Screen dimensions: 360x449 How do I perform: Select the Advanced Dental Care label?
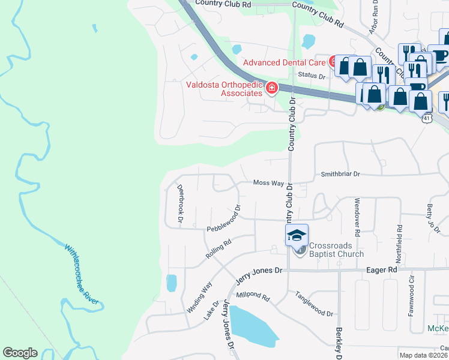pyautogui.click(x=284, y=62)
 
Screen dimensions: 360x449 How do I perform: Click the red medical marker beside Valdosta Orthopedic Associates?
pyautogui.click(x=272, y=89)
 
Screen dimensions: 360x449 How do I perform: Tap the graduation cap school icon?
pyautogui.click(x=297, y=235)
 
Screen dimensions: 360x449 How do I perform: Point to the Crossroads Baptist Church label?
pyautogui.click(x=336, y=250)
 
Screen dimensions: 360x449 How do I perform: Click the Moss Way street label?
pyautogui.click(x=268, y=182)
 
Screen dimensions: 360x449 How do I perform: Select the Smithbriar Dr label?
pyautogui.click(x=340, y=173)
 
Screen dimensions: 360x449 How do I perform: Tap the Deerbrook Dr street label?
pyautogui.click(x=179, y=203)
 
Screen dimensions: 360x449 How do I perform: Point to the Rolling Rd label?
pyautogui.click(x=218, y=250)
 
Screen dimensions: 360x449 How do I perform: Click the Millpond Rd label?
pyautogui.click(x=253, y=295)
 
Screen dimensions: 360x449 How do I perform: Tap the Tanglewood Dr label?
pyautogui.click(x=313, y=304)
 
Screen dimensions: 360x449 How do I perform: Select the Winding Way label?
pyautogui.click(x=199, y=298)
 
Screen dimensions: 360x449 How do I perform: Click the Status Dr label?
pyautogui.click(x=311, y=76)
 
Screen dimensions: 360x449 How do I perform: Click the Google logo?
pyautogui.click(x=20, y=353)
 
